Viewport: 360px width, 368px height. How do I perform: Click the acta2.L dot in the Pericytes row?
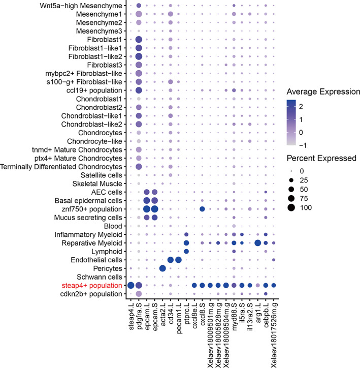point(162,268)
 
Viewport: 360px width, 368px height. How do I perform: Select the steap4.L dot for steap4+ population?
point(130,285)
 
